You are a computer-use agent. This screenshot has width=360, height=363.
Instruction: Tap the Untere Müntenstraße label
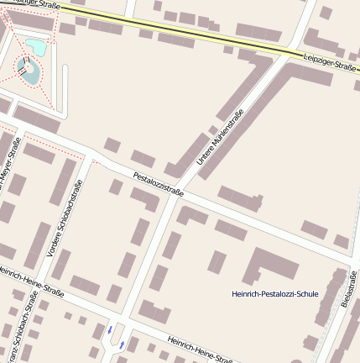(220, 137)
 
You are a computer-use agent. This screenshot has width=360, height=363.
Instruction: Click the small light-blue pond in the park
(36, 45)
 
